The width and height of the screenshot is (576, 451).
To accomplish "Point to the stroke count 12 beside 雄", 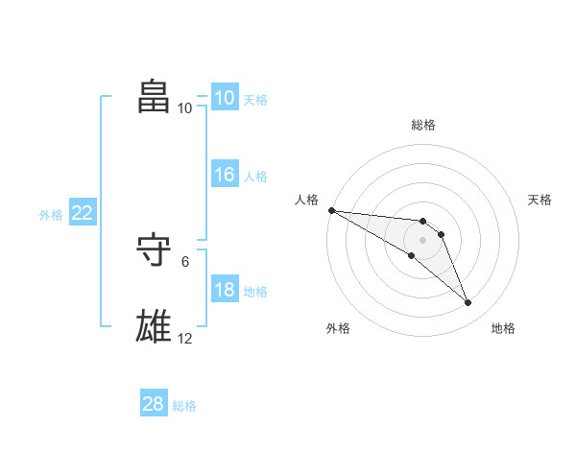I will click(x=185, y=338).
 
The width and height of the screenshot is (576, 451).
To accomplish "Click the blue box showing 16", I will click(x=225, y=176).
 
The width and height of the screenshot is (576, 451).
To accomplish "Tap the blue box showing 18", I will click(x=225, y=291).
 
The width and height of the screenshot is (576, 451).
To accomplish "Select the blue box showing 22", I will click(x=82, y=214).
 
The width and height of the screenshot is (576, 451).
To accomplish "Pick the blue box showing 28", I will click(x=154, y=404).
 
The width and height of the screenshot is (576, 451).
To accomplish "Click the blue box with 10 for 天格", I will click(x=225, y=98).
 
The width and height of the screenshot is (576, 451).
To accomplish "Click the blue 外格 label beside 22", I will click(x=51, y=215).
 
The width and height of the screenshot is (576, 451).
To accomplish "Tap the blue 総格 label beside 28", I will click(x=184, y=406).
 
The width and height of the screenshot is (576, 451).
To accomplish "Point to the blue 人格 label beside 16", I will click(x=255, y=177).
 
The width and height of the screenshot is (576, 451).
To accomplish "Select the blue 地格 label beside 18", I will click(x=255, y=292).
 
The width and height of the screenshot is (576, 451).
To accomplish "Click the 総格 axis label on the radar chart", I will click(x=422, y=125).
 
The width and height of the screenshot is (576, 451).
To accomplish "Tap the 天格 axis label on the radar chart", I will click(x=540, y=200).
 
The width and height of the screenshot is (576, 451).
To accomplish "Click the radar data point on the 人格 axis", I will click(x=331, y=210).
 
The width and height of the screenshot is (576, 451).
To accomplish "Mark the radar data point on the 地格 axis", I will click(x=468, y=303).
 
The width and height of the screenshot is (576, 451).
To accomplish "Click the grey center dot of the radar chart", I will click(x=422, y=240).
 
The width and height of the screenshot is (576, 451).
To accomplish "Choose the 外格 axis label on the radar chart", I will click(x=338, y=329).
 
